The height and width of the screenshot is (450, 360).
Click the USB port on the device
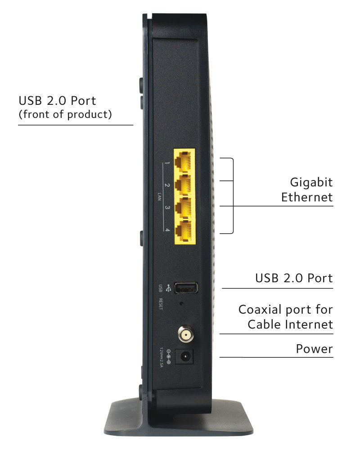[186, 288]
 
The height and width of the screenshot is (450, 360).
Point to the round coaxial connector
[184, 334]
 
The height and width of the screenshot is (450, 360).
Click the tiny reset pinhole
[181, 304]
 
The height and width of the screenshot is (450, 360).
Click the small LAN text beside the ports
[160, 196]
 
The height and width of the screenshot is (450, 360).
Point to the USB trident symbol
[168, 287]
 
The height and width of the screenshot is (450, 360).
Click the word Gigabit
[311, 182]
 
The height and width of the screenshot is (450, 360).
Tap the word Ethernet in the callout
[307, 197]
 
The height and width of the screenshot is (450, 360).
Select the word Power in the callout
[314, 349]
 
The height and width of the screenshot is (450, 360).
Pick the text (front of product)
[65, 114]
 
